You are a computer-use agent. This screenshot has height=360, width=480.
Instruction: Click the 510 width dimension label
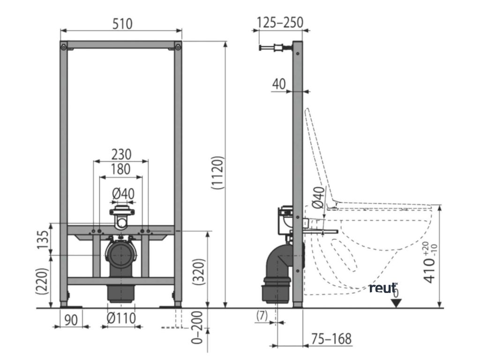point(121,23)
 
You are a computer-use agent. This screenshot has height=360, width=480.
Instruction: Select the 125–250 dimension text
point(280,22)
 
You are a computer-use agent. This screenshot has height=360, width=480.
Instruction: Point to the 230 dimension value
point(121,154)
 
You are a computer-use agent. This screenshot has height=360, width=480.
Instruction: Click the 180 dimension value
point(121,169)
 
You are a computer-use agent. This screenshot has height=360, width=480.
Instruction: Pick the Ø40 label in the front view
point(123,193)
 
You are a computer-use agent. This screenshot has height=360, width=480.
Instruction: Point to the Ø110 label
point(121,319)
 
